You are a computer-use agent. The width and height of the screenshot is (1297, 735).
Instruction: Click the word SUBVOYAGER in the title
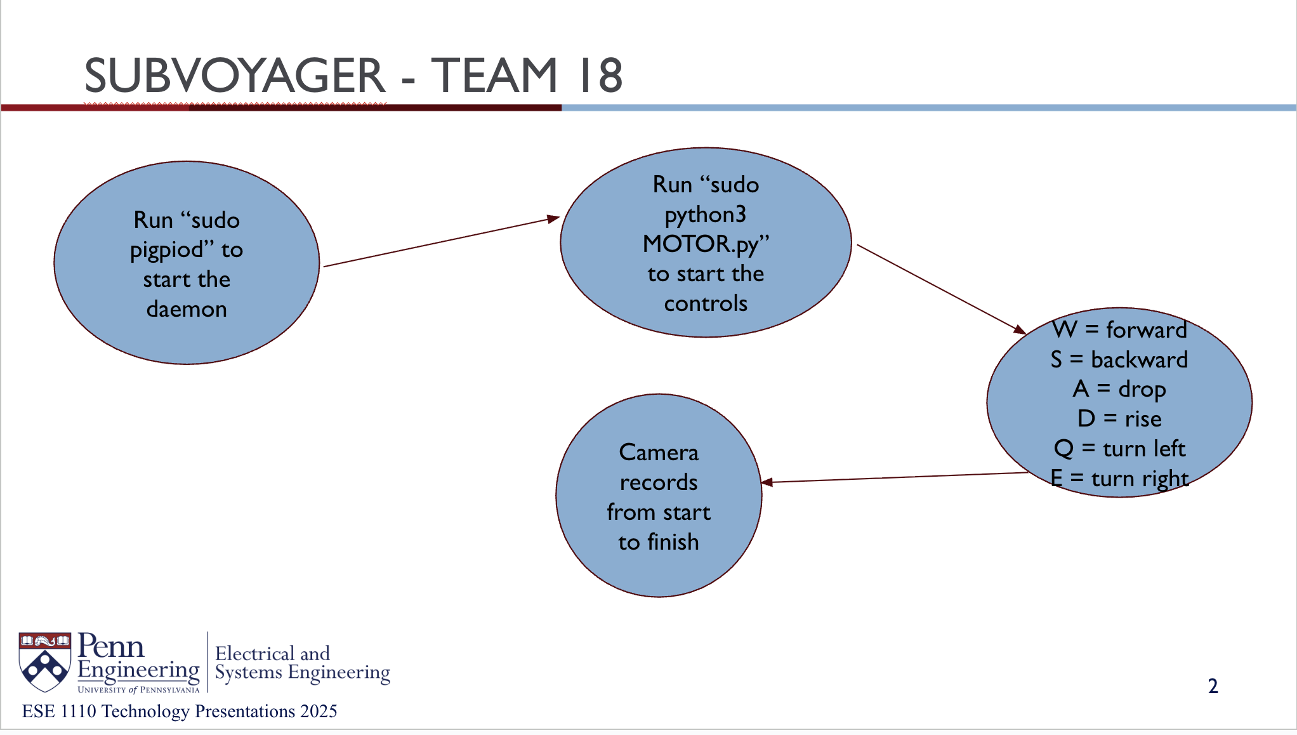[235, 76]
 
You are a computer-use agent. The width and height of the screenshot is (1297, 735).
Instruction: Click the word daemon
[187, 309]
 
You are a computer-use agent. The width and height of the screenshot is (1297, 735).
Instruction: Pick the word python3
[706, 215]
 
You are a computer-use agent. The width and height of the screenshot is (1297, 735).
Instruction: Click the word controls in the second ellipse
[706, 303]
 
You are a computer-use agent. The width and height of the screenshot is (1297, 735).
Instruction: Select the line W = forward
[1119, 330]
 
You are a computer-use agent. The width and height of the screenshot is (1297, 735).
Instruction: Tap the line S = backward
[1119, 360]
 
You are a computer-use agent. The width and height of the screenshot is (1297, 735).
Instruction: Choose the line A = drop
[1119, 389]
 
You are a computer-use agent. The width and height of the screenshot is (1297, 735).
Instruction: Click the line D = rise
[1119, 419]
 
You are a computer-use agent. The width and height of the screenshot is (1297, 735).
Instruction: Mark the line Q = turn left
[1119, 449]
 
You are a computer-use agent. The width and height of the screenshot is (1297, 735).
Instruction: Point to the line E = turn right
[1119, 479]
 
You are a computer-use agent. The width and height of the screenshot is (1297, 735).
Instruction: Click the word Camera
[659, 453]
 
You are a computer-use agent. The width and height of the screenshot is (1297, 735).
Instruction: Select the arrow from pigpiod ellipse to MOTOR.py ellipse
[441, 242]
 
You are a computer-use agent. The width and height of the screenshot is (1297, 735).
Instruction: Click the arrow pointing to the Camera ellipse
[895, 478]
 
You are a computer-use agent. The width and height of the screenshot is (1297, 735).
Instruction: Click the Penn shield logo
[44, 661]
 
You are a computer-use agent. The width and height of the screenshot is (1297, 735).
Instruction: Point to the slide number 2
[1213, 686]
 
